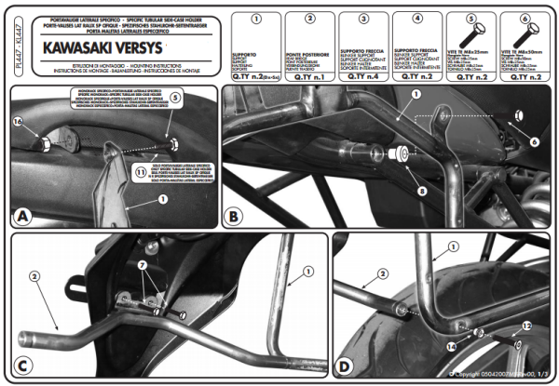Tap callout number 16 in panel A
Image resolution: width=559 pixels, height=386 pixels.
[17, 121]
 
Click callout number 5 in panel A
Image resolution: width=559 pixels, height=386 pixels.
[177, 97]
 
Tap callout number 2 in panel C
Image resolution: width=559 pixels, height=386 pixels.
[34, 276]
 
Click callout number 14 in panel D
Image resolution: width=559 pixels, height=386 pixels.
[453, 346]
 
